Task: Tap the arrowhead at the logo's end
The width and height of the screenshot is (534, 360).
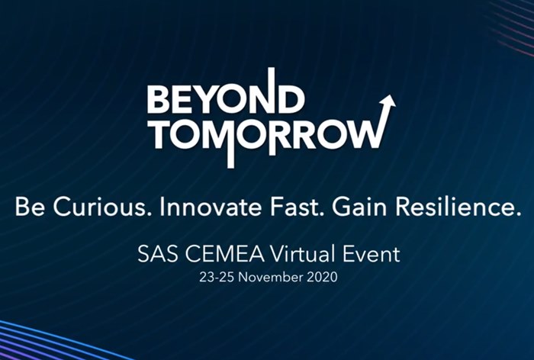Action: point(388,101)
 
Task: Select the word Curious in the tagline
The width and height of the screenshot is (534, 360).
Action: point(99,207)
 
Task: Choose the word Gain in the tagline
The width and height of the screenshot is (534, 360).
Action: point(359,207)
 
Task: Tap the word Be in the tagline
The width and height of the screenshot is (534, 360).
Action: point(30,207)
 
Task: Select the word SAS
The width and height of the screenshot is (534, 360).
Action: point(158,254)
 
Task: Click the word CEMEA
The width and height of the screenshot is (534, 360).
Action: point(226,254)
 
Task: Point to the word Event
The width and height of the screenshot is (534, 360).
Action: point(372,254)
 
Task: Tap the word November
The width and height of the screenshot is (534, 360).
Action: point(270,277)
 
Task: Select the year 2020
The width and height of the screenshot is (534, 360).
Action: point(322,277)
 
